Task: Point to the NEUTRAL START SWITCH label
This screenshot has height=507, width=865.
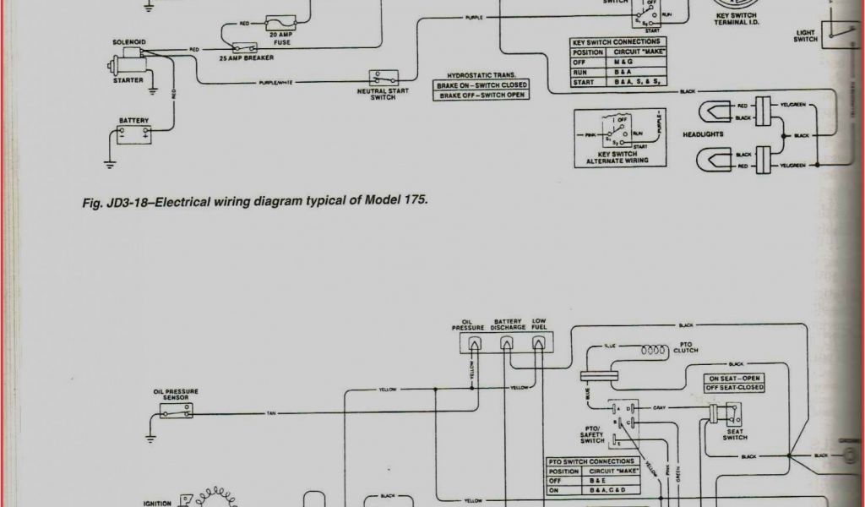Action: (x=383, y=94)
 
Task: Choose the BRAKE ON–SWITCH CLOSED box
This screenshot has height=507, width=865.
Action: (x=481, y=85)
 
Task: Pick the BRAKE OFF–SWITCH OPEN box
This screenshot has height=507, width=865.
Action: (x=481, y=95)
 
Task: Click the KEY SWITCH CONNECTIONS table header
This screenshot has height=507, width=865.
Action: (x=617, y=41)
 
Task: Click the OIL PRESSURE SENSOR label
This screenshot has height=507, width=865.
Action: (x=176, y=395)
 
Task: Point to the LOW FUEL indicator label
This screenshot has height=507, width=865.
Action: (x=539, y=324)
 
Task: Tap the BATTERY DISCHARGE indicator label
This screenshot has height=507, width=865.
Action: (x=509, y=324)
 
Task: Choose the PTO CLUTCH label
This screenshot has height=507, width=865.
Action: (x=685, y=347)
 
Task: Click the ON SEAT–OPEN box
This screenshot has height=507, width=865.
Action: (x=734, y=378)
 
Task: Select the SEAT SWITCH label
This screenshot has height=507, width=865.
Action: (x=734, y=434)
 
